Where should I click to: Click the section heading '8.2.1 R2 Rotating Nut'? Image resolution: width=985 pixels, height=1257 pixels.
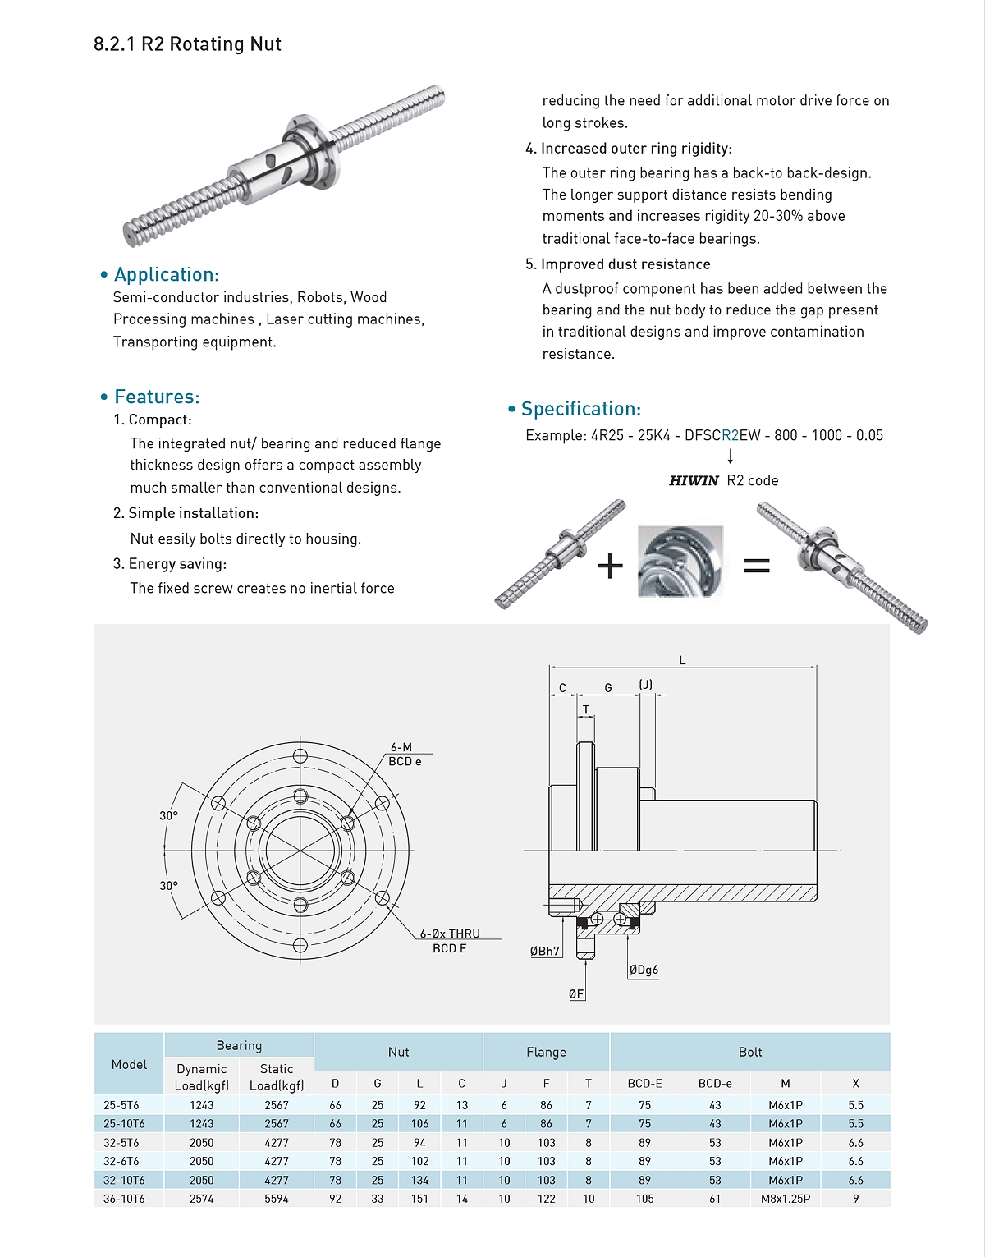(x=187, y=44)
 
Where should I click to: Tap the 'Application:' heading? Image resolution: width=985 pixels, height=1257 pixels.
(x=167, y=274)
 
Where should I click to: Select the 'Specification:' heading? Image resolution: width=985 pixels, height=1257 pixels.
(x=580, y=409)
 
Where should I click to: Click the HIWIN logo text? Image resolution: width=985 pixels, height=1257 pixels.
(x=694, y=481)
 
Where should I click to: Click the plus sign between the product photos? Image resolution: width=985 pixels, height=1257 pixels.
(x=610, y=566)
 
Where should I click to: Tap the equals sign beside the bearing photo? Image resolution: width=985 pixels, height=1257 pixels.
(x=756, y=565)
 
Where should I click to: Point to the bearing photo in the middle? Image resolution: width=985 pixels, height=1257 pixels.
(x=680, y=562)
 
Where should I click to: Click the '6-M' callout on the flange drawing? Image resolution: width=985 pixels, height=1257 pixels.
(x=401, y=747)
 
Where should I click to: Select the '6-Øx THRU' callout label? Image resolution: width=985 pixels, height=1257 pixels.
(x=450, y=934)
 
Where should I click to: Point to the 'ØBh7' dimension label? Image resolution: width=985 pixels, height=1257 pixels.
(x=545, y=952)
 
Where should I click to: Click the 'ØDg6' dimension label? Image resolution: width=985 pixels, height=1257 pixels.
(x=644, y=970)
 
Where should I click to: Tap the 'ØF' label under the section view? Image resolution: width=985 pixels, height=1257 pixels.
(x=576, y=994)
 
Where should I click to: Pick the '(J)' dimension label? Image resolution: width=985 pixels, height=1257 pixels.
(x=646, y=685)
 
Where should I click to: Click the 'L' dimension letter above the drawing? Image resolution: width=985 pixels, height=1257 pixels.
(x=682, y=660)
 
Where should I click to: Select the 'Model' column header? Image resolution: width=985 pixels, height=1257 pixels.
(x=129, y=1064)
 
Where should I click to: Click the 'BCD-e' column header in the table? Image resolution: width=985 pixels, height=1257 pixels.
(x=715, y=1083)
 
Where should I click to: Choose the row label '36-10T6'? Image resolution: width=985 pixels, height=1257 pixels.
(x=124, y=1199)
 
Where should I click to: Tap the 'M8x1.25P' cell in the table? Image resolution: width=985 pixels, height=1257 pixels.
(x=786, y=1199)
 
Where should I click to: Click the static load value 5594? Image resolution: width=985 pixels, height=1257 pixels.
(x=277, y=1199)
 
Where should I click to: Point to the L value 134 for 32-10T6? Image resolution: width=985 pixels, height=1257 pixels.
(x=419, y=1180)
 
